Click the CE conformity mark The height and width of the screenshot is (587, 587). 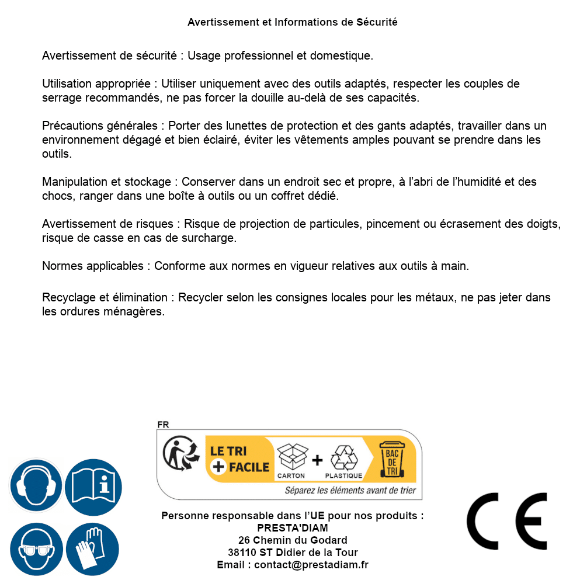[x=507, y=522]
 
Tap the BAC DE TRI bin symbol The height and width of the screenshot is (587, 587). [x=392, y=461]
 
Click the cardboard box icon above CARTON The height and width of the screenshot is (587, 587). [x=291, y=457]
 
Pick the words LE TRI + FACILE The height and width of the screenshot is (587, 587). [x=240, y=459]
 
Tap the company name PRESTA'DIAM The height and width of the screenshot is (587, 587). [x=293, y=528]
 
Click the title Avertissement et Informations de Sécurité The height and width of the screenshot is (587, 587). [x=293, y=22]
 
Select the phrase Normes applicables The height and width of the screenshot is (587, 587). [x=92, y=266]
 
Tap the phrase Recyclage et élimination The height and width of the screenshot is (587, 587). [x=105, y=298]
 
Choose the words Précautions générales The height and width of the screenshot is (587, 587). [x=100, y=126]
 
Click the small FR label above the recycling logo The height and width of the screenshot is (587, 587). [x=163, y=425]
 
